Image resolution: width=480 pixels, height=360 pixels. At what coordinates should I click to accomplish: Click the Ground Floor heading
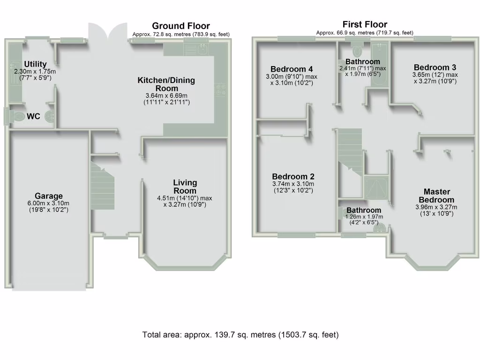tap(181, 26)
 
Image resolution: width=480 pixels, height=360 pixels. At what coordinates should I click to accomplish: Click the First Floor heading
tap(365, 24)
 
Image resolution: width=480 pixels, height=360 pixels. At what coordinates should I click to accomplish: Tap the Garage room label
tap(49, 196)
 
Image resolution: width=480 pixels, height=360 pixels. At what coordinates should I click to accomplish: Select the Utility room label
tap(35, 64)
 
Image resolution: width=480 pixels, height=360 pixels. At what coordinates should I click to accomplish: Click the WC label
tap(33, 116)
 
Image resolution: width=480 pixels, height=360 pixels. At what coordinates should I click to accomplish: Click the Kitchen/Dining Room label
tap(166, 84)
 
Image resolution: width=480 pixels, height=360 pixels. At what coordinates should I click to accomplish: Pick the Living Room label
tap(185, 187)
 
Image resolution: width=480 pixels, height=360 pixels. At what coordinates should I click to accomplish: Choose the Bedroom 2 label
tap(293, 177)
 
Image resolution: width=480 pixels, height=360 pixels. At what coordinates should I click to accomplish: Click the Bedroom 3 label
tap(435, 67)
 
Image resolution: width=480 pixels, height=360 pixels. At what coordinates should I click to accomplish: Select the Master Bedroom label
tap(436, 195)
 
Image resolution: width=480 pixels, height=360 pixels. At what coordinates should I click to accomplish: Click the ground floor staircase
tap(103, 187)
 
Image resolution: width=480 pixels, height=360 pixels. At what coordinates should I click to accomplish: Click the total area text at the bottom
tap(240, 335)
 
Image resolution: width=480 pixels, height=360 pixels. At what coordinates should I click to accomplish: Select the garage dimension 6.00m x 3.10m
tap(49, 203)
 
